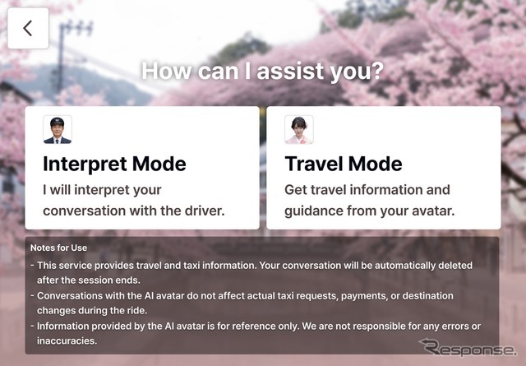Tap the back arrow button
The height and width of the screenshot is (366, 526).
(x=28, y=28)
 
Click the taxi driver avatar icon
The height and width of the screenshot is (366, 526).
(x=58, y=130)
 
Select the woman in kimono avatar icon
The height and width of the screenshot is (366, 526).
(x=299, y=130)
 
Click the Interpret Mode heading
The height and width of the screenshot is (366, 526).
(x=114, y=164)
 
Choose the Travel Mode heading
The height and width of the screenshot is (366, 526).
(x=344, y=164)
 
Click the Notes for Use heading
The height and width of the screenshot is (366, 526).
(x=58, y=248)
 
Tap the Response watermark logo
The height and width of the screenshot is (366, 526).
(x=468, y=348)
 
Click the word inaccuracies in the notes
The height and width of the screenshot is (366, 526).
(x=67, y=341)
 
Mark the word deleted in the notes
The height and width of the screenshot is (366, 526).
(x=455, y=266)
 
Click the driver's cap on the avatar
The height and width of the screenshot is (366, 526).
(x=57, y=121)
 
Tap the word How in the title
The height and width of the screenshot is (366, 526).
(x=167, y=71)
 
